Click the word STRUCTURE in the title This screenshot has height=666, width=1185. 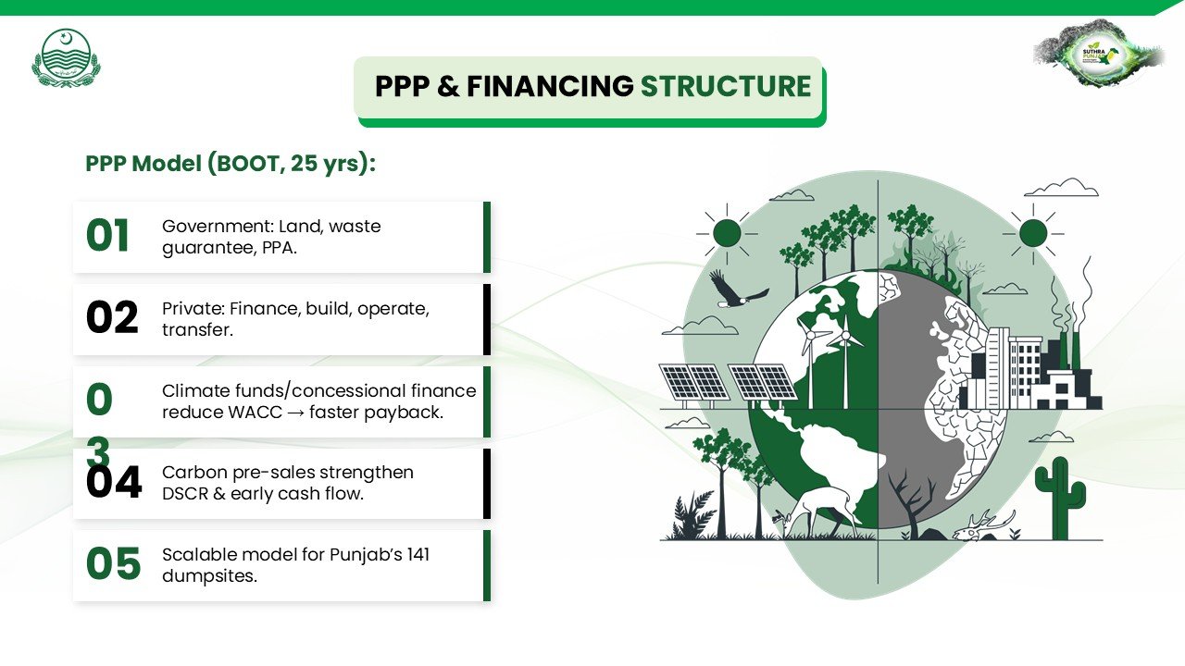click(x=726, y=86)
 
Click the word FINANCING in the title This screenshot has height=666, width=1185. click(x=550, y=86)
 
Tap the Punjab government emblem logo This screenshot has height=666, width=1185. click(x=66, y=58)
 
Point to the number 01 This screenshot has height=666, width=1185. click(x=107, y=236)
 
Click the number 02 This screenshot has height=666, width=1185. click(x=112, y=317)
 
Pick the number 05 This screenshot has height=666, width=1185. click(x=113, y=564)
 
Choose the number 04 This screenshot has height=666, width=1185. click(x=114, y=482)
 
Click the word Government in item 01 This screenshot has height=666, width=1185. click(x=217, y=227)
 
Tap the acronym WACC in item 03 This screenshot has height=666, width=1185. click(x=255, y=413)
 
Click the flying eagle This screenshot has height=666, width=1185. click(x=739, y=290)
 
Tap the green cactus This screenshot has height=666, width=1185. click(x=1060, y=498)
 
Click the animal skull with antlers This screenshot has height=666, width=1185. click(x=985, y=525)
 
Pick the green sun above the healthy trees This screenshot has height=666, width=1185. click(x=727, y=233)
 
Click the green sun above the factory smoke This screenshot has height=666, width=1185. click(x=1033, y=233)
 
